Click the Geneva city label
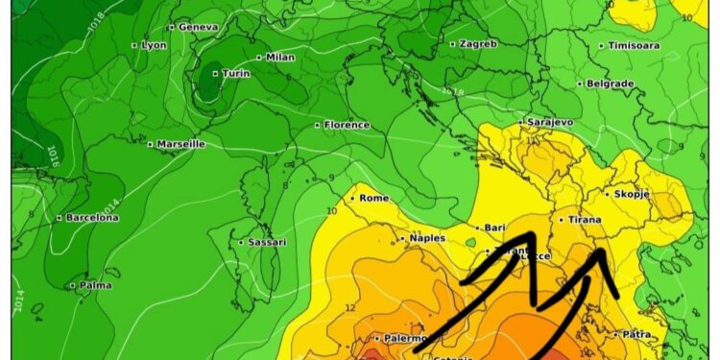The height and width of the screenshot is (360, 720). tap(198, 27)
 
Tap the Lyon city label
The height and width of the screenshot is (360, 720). tap(154, 45)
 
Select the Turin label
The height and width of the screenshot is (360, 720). tap(235, 74)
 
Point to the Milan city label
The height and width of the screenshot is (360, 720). tap(280, 58)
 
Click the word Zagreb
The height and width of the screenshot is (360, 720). tap(477, 43)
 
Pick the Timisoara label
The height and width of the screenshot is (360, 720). tap(634, 45)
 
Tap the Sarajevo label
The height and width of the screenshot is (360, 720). tap(550, 122)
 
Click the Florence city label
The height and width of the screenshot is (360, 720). tap(346, 125)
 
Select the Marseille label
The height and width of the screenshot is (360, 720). tap(180, 144)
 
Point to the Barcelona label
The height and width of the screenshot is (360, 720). tap(92, 218)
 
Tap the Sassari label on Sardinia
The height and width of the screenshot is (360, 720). tap(266, 242)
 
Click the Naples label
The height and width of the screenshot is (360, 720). tap(427, 238)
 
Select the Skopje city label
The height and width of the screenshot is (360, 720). tap(632, 194)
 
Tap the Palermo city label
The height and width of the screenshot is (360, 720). tap(404, 338)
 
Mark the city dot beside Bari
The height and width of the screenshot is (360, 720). tap(478, 228)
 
